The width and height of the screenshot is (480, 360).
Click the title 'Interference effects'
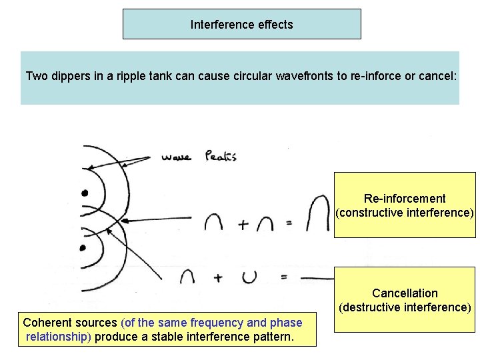tap(241, 25)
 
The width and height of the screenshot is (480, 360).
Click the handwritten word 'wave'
tap(176, 158)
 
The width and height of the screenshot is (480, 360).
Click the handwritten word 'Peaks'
tap(221, 157)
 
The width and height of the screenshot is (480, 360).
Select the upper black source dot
tap(85, 193)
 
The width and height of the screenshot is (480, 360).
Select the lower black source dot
tap(83, 248)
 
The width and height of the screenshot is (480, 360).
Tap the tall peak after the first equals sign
tap(319, 215)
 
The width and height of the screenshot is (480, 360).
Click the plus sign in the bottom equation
tap(218, 277)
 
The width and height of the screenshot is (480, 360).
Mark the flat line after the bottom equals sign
tap(317, 277)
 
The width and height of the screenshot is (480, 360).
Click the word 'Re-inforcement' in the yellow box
tap(405, 199)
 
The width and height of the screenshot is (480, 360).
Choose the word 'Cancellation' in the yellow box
tap(405, 293)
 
